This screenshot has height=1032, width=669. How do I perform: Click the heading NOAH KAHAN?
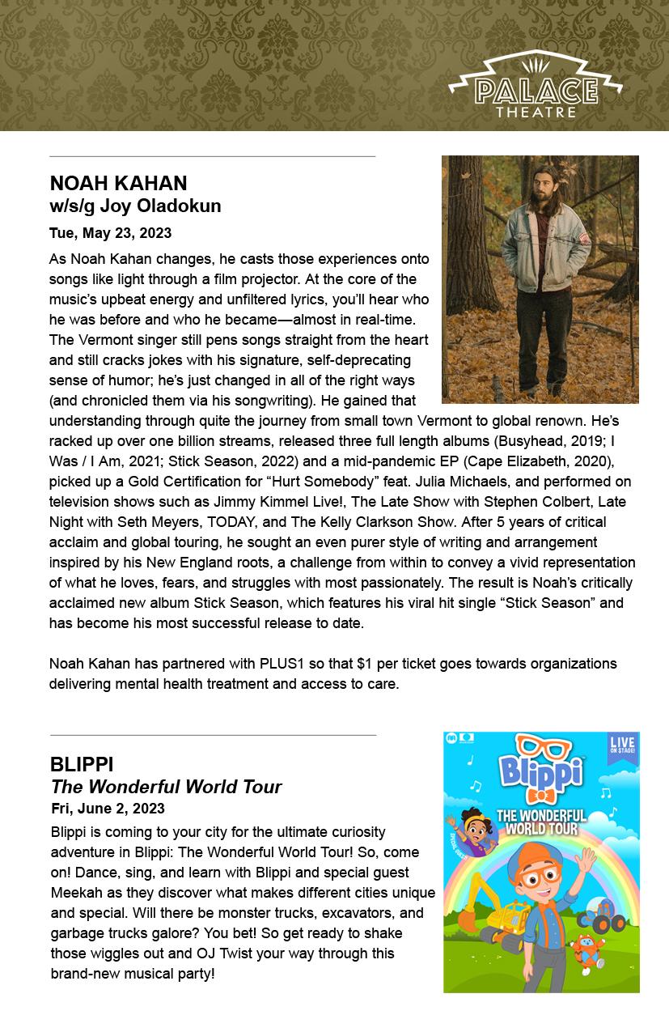118,184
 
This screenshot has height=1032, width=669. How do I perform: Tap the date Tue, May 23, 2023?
110,233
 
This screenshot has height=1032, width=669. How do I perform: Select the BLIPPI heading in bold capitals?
82,765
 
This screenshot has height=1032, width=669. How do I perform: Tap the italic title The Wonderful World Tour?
166,787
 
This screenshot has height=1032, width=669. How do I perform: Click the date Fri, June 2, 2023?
108,809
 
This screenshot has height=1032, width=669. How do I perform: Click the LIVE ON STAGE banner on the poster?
623,747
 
